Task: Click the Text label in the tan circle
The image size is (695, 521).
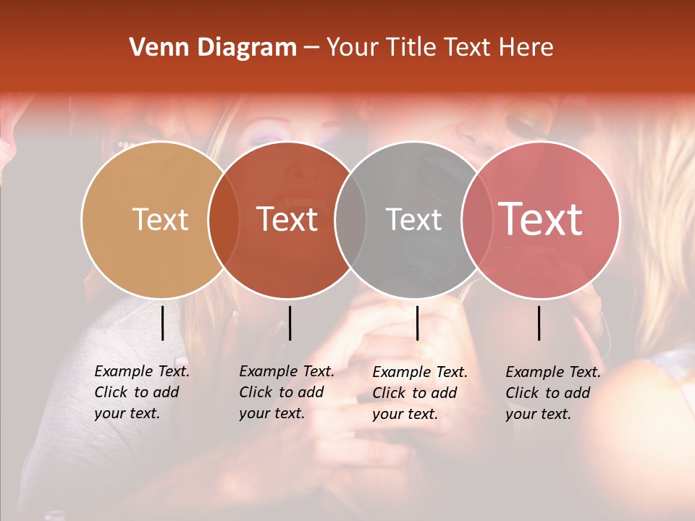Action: pos(160,220)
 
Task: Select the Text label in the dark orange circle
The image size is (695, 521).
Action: pos(287,220)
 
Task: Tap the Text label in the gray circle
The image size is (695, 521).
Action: pos(414,220)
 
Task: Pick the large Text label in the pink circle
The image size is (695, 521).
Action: pos(541,219)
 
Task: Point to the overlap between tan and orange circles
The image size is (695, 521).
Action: pos(224,220)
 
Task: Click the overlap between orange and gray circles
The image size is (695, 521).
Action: pos(350,220)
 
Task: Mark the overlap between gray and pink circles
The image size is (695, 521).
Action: pos(477,220)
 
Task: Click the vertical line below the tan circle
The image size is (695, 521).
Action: pos(163,323)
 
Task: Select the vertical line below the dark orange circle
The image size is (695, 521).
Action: pos(290,323)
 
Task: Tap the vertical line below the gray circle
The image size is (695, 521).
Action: pos(417,323)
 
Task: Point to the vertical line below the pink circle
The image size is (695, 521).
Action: pos(539,323)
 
